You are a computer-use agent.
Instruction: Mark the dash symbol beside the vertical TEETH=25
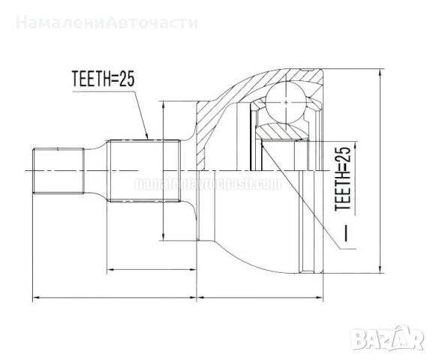346,235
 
